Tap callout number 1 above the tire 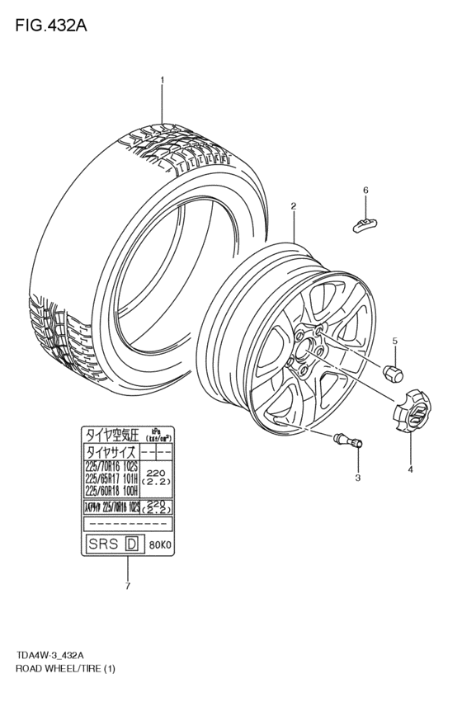coord(162,80)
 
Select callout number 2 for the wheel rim coord(293,205)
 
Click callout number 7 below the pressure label coord(127,587)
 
